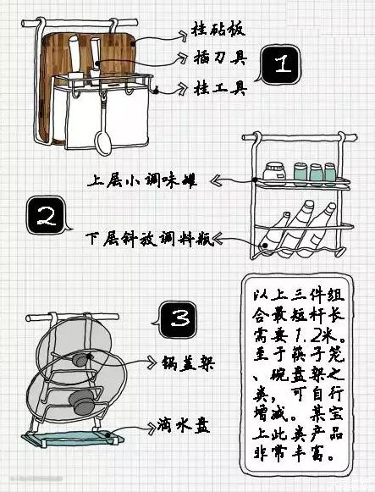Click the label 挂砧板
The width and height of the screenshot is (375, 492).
[x=218, y=30]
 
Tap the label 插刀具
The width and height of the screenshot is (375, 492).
[x=220, y=58]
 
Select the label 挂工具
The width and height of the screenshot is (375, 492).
[x=221, y=87]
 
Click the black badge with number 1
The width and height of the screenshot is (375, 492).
[x=280, y=64]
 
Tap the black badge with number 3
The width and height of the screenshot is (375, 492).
[x=177, y=320]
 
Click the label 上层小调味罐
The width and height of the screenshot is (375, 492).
[x=142, y=181]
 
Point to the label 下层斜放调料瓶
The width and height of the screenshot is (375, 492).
[x=150, y=239]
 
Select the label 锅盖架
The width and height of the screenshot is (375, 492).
[x=189, y=363]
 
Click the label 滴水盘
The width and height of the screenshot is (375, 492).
[x=184, y=425]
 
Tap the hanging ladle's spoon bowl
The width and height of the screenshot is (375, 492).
[x=103, y=143]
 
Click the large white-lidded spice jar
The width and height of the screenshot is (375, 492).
[x=274, y=174]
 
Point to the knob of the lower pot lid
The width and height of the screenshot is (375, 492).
[x=81, y=402]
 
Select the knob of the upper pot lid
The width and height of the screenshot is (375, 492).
[x=80, y=359]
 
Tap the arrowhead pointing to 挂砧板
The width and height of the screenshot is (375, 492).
[x=183, y=36]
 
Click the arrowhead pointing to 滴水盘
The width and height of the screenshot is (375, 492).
[x=152, y=427]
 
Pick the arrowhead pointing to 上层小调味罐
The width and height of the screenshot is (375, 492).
[x=217, y=180]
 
